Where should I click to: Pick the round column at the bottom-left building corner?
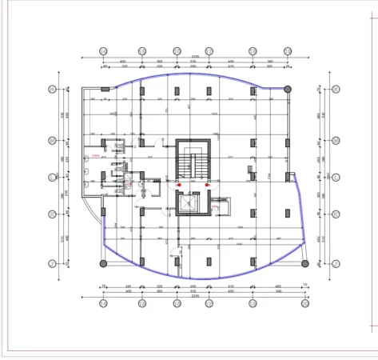[102, 262]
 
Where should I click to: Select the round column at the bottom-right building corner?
[304, 262]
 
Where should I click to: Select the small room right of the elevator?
[223, 206]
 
